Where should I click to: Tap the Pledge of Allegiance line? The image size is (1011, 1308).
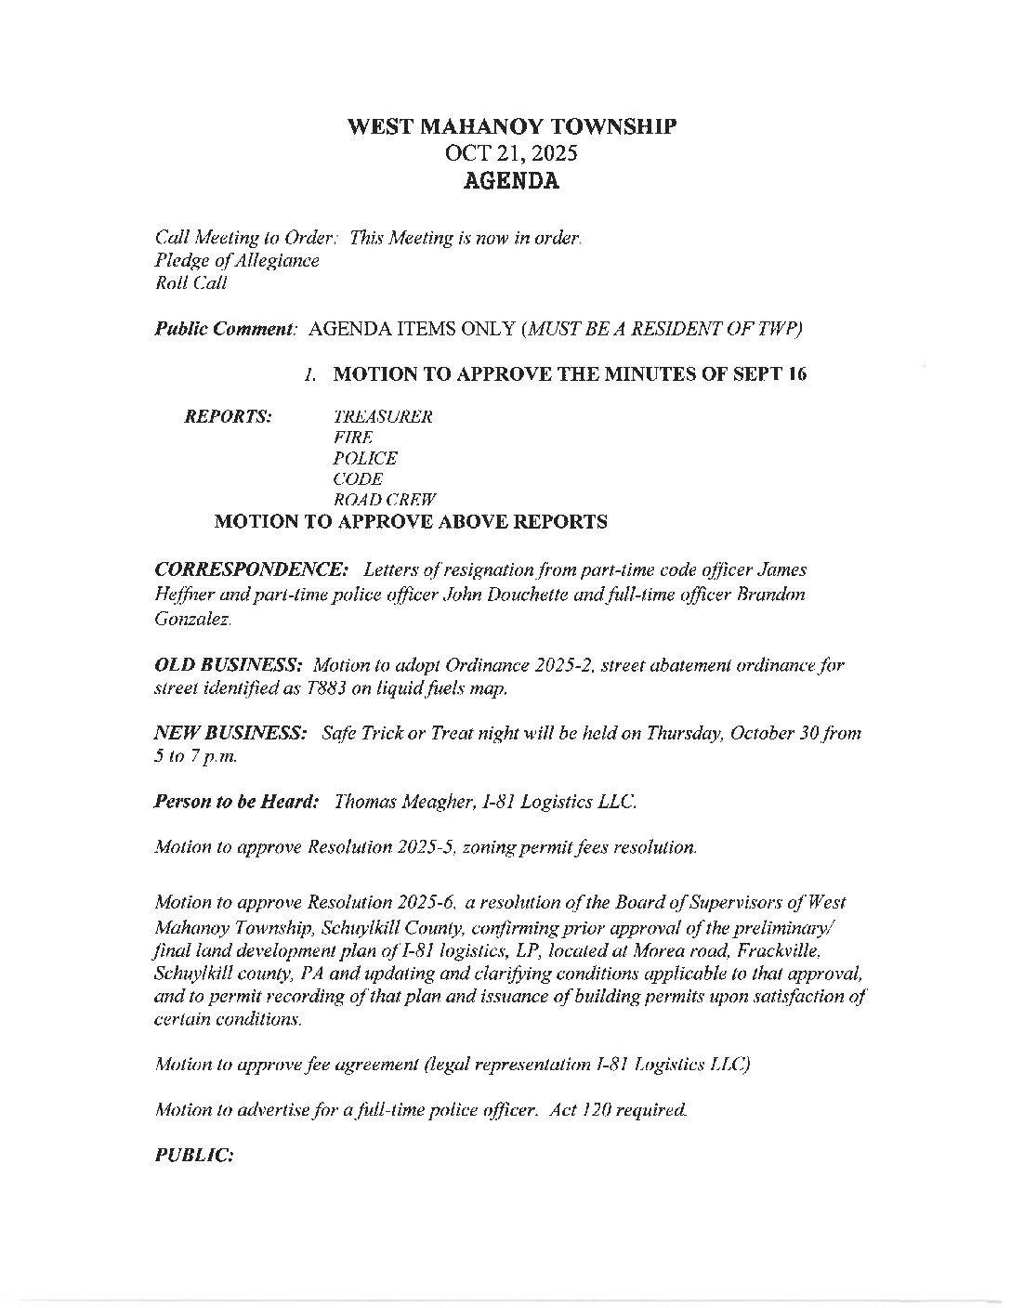pyautogui.click(x=237, y=261)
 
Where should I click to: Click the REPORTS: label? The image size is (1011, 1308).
pyautogui.click(x=229, y=416)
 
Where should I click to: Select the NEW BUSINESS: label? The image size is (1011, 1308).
pyautogui.click(x=230, y=733)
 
